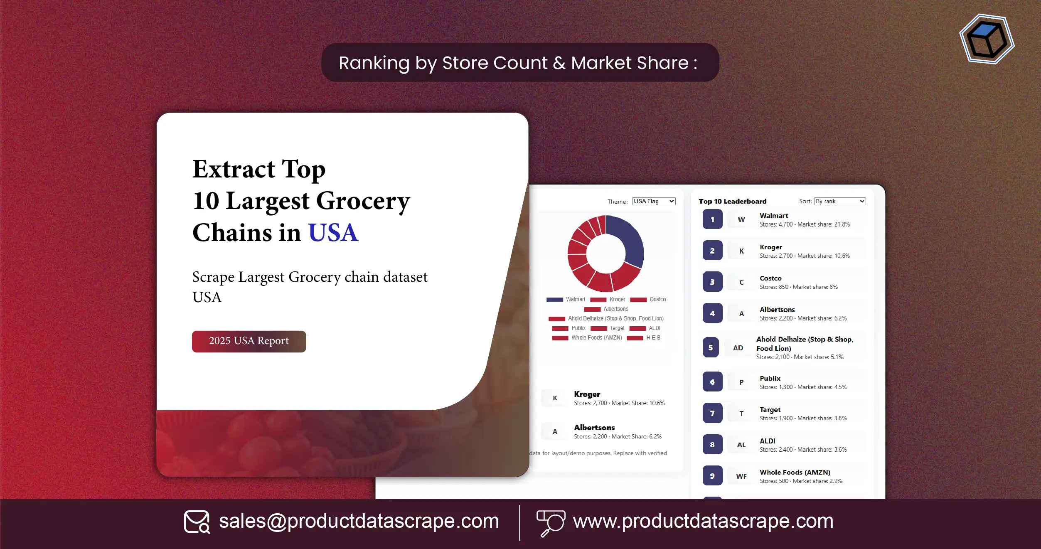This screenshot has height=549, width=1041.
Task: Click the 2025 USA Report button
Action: (x=249, y=341)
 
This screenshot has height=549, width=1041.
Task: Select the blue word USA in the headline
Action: (x=333, y=233)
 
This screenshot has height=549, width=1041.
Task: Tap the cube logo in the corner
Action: (x=987, y=39)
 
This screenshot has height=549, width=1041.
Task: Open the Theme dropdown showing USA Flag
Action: (x=653, y=202)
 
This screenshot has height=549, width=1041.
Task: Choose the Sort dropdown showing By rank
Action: (x=839, y=202)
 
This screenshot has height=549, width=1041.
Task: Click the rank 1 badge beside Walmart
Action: (x=712, y=219)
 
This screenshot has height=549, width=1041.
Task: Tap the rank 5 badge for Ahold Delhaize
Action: (x=710, y=348)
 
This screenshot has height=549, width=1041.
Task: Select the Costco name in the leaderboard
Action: (x=770, y=278)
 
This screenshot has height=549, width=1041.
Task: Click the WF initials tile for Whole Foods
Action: (x=741, y=476)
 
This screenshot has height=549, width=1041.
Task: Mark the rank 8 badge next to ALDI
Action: (x=712, y=445)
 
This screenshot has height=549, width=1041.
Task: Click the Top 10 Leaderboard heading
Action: (x=732, y=202)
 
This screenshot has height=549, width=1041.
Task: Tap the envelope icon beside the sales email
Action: (x=197, y=522)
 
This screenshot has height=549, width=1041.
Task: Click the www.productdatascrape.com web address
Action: (x=703, y=521)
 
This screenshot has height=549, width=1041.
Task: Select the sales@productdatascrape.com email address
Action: (x=359, y=521)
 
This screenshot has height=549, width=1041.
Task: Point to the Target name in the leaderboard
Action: (x=770, y=410)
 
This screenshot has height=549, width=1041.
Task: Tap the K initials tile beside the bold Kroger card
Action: (x=555, y=398)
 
